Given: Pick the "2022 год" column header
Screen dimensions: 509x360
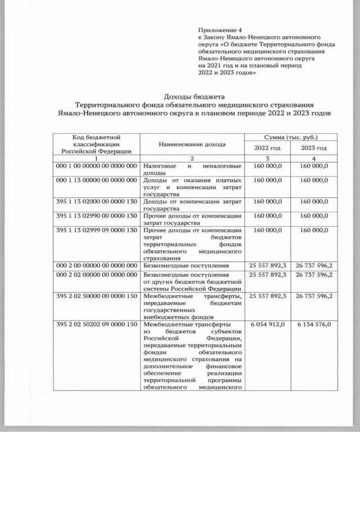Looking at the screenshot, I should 268,148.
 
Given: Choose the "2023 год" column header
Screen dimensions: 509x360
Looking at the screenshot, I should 314,148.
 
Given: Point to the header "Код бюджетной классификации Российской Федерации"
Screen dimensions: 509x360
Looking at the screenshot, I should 94,144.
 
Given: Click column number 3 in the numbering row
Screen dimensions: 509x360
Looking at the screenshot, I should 268,159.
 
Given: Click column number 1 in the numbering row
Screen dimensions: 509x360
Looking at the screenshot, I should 94,159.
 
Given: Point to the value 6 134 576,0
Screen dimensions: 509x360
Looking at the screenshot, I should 314,325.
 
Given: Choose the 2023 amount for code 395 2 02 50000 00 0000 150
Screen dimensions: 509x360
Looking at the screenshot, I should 314,296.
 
